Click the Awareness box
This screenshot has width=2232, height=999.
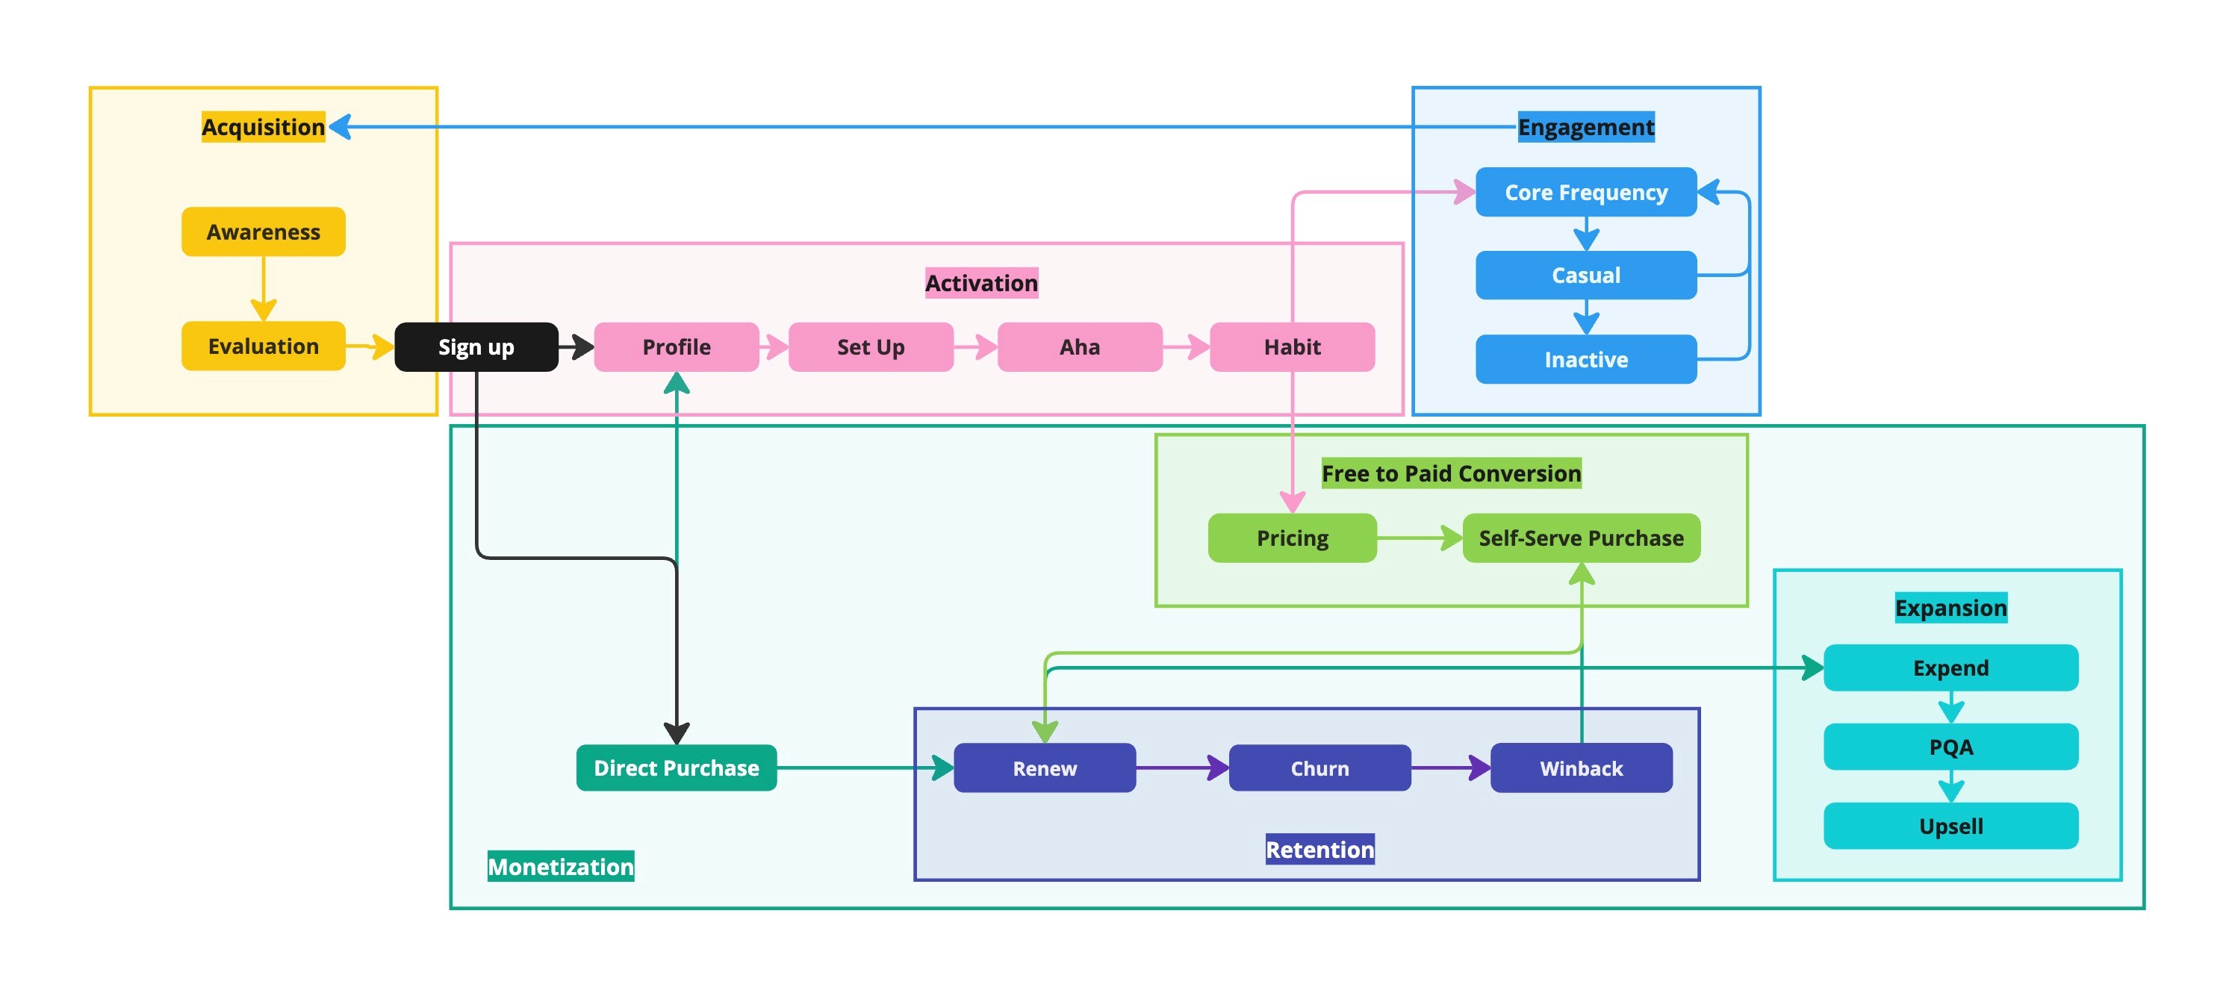click(x=264, y=231)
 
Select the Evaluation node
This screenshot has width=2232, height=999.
click(x=264, y=346)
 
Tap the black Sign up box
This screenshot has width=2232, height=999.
click(x=476, y=346)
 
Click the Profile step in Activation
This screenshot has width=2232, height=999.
click(x=677, y=346)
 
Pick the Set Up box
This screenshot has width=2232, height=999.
click(x=871, y=346)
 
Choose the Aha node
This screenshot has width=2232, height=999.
click(x=1080, y=346)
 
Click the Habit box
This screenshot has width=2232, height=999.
click(x=1292, y=346)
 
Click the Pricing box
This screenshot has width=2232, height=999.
click(x=1292, y=538)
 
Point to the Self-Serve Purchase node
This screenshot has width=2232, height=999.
click(x=1582, y=538)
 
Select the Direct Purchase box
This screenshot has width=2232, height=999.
click(x=677, y=768)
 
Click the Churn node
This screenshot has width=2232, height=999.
click(x=1319, y=768)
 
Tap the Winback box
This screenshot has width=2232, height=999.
click(x=1582, y=768)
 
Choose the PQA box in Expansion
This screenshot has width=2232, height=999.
click(x=1950, y=747)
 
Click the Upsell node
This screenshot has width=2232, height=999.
click(x=1950, y=826)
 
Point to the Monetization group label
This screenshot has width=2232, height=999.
click(x=561, y=866)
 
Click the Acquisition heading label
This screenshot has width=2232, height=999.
click(x=264, y=126)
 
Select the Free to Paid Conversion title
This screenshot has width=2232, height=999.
click(x=1452, y=473)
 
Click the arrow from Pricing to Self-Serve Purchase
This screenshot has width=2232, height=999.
click(x=1420, y=538)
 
